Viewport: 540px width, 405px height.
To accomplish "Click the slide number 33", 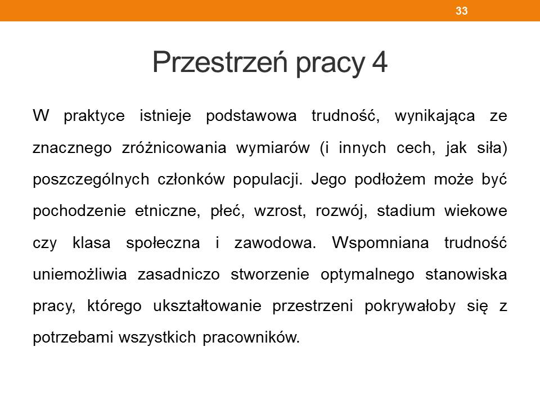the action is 461,11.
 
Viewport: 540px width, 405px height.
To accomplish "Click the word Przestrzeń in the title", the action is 220,62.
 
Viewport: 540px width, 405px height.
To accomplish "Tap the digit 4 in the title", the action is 380,62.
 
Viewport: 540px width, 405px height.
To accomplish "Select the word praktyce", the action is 94,116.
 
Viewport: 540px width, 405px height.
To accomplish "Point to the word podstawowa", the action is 251,116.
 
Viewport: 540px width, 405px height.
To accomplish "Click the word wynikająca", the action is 435,116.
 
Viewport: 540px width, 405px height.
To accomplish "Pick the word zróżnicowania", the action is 174,148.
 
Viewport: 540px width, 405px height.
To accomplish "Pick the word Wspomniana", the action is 381,243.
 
